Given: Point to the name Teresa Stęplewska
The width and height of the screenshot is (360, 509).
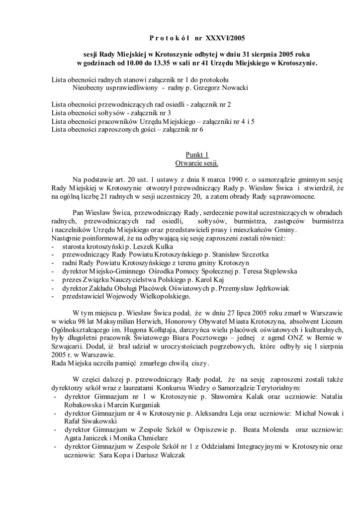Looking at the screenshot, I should [x=269, y=271].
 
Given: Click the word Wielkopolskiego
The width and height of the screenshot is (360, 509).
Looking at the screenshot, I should [x=165, y=297].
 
